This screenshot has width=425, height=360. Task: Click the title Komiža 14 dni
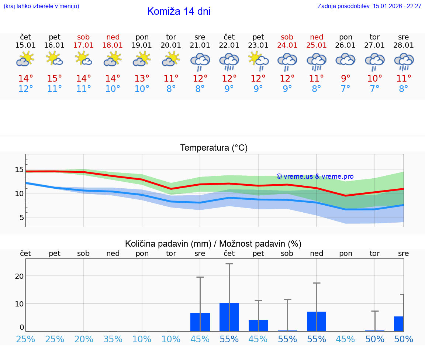(179, 11)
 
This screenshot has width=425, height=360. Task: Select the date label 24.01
(287, 45)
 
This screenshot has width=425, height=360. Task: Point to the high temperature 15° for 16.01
(55, 79)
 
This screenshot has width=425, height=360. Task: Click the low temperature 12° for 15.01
(25, 89)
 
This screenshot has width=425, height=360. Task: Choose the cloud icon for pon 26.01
(345, 59)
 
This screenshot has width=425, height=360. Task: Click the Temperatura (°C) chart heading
(214, 148)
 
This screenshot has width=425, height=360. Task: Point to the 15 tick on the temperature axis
(19, 170)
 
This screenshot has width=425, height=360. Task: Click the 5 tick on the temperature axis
(21, 217)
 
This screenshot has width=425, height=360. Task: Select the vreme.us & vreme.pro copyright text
(315, 176)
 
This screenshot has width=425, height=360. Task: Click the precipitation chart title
(213, 244)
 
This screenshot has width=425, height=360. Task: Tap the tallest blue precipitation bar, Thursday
(229, 317)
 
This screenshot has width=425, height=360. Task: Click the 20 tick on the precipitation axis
(19, 276)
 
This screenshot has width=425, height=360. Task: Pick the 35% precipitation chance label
(113, 339)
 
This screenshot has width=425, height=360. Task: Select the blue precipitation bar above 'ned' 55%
(317, 321)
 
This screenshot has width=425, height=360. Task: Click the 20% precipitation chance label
(84, 339)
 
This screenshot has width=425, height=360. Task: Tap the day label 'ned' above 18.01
(113, 37)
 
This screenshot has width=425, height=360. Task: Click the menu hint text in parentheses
(41, 6)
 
